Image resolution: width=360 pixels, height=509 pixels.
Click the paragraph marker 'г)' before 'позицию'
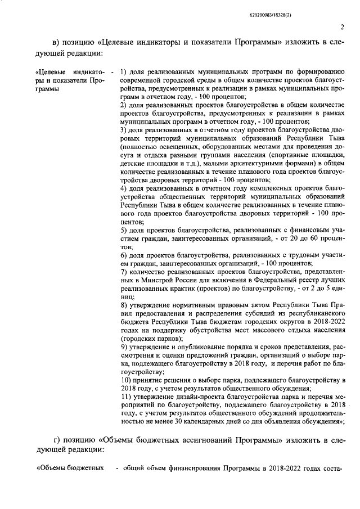pos(56,454)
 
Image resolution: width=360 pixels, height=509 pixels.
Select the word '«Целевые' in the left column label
pos(50,73)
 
